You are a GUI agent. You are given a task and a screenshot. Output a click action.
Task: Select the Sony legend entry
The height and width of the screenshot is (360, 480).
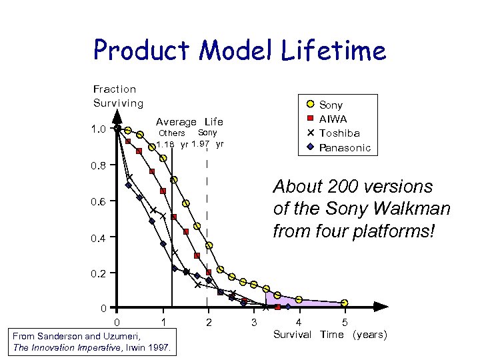tap(331, 105)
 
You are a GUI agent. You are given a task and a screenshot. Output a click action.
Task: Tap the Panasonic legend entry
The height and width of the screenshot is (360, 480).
tap(345, 147)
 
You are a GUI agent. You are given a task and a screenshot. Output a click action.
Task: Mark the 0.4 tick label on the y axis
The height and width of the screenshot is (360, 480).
tap(99, 237)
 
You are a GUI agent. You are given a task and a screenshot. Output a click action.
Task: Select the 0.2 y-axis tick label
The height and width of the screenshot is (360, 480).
tap(99, 273)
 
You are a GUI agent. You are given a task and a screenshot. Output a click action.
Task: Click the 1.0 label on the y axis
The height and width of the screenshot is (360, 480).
tap(99, 129)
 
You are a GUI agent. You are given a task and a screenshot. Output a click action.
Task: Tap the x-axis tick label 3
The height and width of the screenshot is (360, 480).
tap(253, 323)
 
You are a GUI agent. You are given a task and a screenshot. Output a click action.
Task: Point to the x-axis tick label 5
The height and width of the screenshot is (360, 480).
tap(344, 323)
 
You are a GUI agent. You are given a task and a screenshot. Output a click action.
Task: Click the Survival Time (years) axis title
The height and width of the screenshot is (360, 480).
tap(330, 335)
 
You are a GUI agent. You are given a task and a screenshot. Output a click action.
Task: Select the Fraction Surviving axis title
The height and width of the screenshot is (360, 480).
tap(118, 96)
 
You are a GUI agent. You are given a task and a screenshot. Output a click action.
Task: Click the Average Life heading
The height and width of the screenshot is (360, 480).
tap(189, 121)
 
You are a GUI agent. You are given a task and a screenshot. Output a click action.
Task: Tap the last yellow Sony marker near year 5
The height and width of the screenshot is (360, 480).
tap(345, 303)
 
